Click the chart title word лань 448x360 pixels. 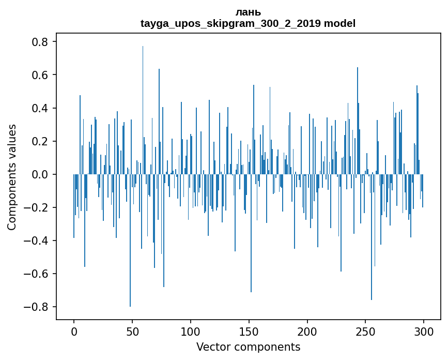248,12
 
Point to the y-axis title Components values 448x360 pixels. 12,177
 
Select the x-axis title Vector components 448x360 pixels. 248,347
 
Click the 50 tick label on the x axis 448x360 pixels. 132,331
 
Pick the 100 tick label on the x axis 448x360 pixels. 191,331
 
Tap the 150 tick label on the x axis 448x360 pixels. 249,331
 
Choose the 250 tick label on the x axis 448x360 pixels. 365,331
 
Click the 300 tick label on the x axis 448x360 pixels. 424,331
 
